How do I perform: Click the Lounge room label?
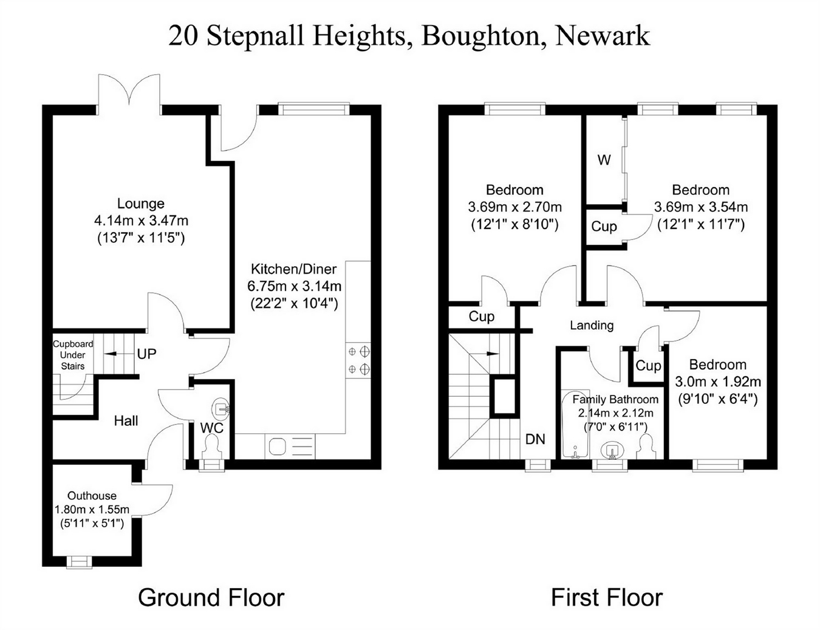pos(141,204)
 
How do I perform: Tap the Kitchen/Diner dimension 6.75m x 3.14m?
pos(295,286)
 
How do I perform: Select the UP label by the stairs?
pos(146,354)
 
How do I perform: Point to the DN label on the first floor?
pos(535,439)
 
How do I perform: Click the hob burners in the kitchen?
pos(358,360)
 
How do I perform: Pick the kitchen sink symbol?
pos(290,447)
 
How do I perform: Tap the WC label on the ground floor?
pos(212,428)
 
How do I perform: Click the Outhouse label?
pos(92,495)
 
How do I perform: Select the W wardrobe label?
pos(604,160)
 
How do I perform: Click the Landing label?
pos(592,325)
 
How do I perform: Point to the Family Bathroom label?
pos(615,399)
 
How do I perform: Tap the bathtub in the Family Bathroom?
pos(575,425)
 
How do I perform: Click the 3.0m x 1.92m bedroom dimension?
pos(718,382)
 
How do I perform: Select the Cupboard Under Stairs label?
pos(73,355)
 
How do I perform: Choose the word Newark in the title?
pos(603,36)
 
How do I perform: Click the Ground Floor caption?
pos(211,598)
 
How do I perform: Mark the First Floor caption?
pos(607,598)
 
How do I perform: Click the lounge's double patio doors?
pos(129,91)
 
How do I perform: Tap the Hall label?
pos(126,420)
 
